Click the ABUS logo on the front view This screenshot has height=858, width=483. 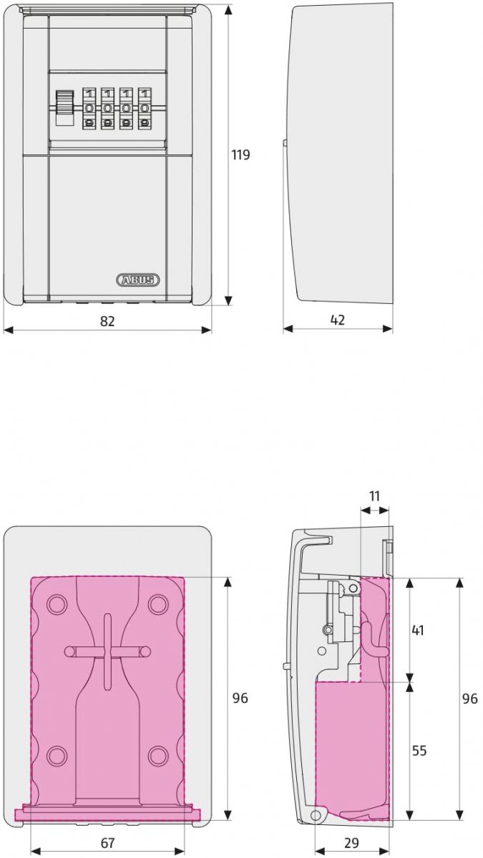[137, 280]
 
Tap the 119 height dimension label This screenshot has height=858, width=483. [240, 154]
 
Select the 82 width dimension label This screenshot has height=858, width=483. [107, 321]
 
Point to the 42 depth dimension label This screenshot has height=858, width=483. [337, 320]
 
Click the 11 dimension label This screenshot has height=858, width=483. [374, 496]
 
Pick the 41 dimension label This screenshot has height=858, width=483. [417, 630]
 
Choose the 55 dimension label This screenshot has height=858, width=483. [419, 750]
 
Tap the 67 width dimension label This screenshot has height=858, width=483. [108, 842]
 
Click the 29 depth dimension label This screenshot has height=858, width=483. [351, 842]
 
